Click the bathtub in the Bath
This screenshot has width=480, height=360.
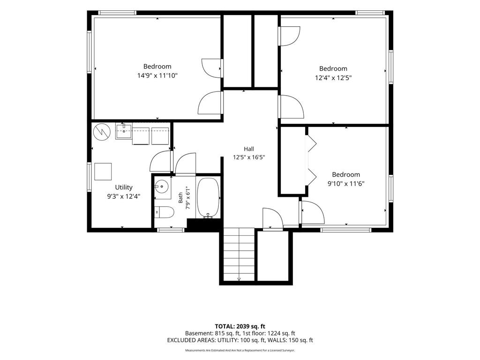coord(208,198)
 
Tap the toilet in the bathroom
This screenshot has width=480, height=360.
coord(164,212)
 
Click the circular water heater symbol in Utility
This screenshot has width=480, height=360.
coord(102,132)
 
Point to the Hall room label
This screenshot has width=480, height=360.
coord(249,149)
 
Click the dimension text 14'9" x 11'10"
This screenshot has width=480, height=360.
coord(157,75)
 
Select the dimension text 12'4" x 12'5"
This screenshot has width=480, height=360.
coord(333,78)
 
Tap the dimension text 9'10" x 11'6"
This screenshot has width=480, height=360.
coord(346,184)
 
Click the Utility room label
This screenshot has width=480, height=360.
coord(124,187)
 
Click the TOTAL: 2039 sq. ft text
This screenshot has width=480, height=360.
coord(240,326)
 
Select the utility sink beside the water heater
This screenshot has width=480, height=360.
coord(124,132)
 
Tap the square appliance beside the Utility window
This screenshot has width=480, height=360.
coord(103,172)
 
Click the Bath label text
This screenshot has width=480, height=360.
coord(180,197)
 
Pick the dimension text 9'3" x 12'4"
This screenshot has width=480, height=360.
coord(124,196)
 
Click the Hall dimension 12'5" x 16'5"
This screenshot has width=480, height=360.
coord(249,157)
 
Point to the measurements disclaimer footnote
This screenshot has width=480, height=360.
coord(240,350)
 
